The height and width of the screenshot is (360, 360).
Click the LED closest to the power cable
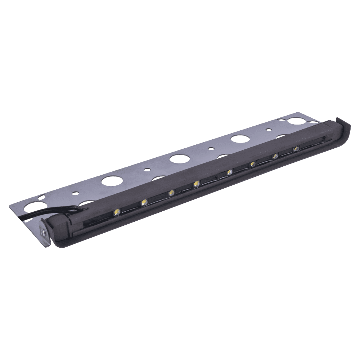[x=117, y=212]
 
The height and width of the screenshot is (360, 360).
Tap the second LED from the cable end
[x=144, y=202]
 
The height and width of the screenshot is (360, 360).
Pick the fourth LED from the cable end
[x=196, y=184]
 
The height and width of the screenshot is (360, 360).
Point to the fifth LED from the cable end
[x=229, y=172]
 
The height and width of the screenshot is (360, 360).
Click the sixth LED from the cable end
[x=252, y=165]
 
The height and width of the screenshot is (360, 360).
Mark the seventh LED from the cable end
[x=275, y=156]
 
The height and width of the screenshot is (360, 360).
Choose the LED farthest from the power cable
[x=296, y=148]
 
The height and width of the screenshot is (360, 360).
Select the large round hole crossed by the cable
[x=32, y=207]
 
